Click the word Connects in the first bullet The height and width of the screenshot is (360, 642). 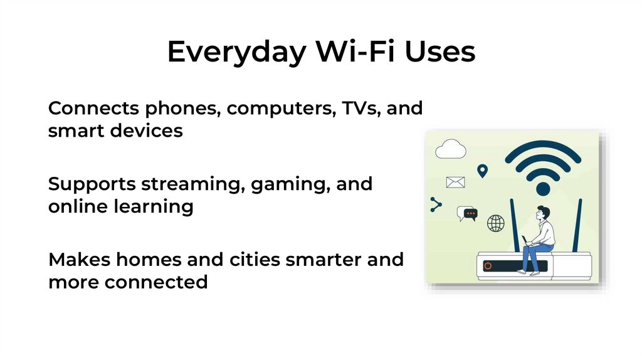[93, 108]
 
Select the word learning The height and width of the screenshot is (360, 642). [155, 207]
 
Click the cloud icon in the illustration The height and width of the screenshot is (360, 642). [451, 149]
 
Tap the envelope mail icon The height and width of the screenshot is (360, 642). [455, 183]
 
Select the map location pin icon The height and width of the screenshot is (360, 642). [482, 171]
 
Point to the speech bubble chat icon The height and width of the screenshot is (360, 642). [467, 213]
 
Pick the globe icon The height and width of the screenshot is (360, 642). [496, 223]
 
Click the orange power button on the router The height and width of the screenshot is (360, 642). [488, 266]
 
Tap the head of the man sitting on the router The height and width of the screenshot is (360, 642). [542, 213]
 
